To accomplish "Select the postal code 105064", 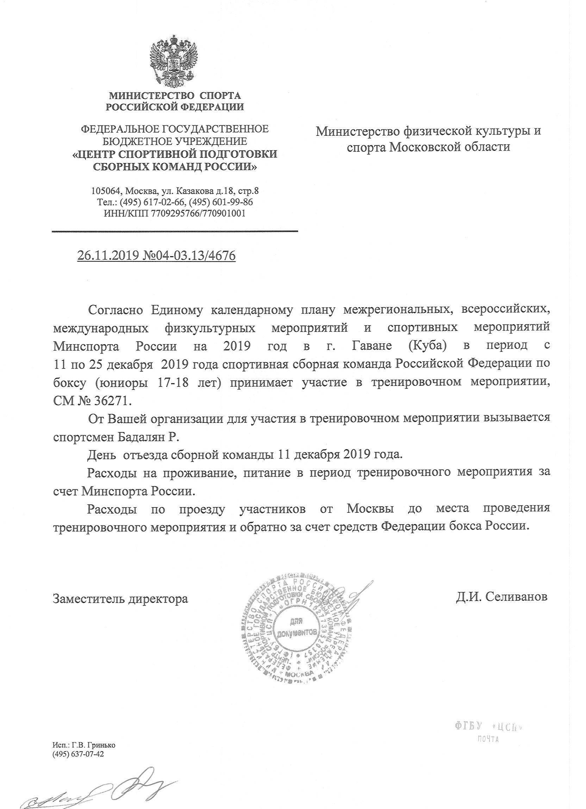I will [x=104, y=191].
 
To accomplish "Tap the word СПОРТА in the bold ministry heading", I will [x=220, y=95].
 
